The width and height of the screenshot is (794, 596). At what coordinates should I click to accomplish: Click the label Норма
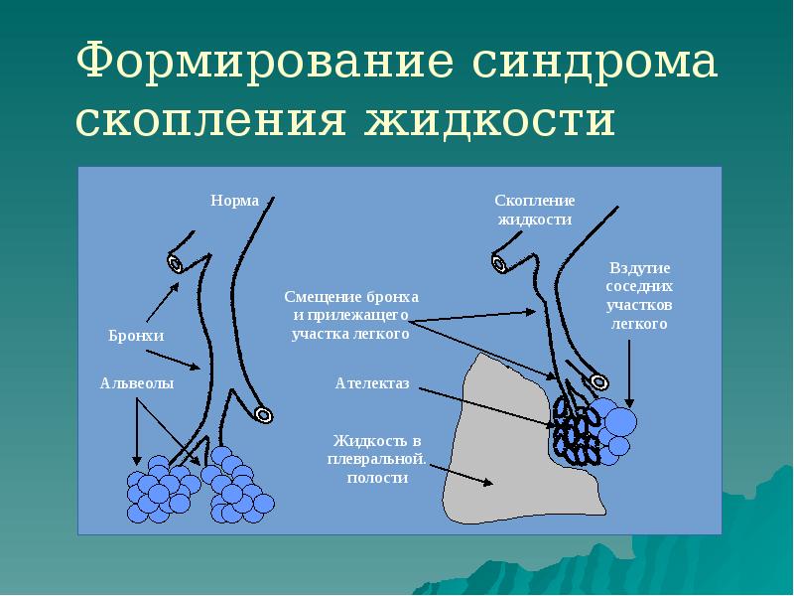click(234, 201)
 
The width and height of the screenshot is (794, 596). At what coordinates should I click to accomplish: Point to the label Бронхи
click(136, 337)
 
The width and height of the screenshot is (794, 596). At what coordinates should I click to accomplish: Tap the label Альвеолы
click(137, 382)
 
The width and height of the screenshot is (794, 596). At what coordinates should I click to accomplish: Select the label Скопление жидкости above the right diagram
click(535, 209)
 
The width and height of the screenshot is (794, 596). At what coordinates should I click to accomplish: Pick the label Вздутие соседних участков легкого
click(639, 296)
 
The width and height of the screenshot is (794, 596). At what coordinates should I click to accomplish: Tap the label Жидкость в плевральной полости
click(378, 459)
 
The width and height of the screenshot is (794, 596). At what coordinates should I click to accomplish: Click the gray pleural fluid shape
click(506, 457)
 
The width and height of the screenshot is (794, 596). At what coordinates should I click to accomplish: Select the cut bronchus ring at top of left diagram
click(177, 263)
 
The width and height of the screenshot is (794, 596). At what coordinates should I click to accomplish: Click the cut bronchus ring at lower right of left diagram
click(264, 414)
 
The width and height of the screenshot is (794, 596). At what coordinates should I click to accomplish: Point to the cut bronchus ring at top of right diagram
click(499, 263)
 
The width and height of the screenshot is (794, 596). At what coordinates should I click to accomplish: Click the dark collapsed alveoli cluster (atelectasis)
click(574, 429)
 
